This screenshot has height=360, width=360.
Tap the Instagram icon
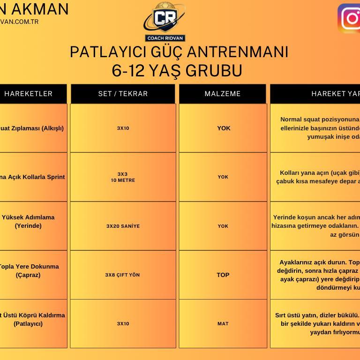click(350, 19)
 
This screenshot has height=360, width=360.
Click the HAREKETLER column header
click(29, 94)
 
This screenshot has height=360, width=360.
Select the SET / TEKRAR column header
click(123, 94)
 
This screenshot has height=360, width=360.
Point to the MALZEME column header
click(223, 94)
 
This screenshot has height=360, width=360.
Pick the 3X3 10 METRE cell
click(123, 177)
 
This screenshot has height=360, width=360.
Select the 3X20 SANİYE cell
click(123, 226)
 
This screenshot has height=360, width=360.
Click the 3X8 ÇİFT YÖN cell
click(122, 275)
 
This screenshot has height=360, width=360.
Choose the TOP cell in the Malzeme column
click(223, 275)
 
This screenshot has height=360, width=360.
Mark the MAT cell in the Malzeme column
click(223, 323)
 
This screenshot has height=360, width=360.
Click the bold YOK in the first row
click(224, 128)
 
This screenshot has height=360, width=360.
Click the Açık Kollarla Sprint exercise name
click(32, 177)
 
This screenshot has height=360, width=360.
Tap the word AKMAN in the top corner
click(40, 9)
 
